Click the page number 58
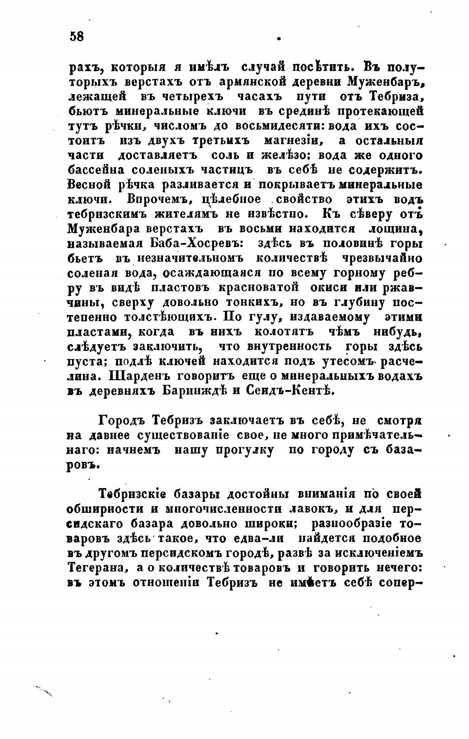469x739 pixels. coord(77,36)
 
